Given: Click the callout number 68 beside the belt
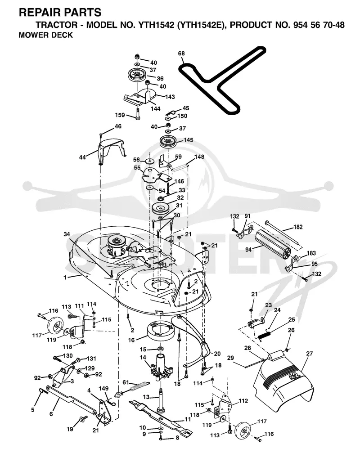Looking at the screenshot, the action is point(181,54).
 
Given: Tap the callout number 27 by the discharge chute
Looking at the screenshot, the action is point(309,354).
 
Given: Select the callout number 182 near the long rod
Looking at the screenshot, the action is point(298,227).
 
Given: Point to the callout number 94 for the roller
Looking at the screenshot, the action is point(248,250).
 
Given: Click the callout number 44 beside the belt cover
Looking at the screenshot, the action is point(82,157).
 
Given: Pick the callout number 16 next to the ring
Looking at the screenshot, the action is point(131,340).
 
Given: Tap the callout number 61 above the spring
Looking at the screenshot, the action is point(126,382).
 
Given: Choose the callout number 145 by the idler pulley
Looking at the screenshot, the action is point(188,140).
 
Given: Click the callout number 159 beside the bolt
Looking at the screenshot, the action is point(120,115).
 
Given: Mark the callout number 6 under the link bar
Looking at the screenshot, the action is point(51,414).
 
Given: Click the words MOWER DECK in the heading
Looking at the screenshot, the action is point(45,35).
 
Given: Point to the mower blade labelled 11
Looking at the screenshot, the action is point(160,416).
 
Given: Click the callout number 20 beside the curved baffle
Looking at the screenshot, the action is point(217,354).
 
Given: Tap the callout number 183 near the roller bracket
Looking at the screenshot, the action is point(311,253).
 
